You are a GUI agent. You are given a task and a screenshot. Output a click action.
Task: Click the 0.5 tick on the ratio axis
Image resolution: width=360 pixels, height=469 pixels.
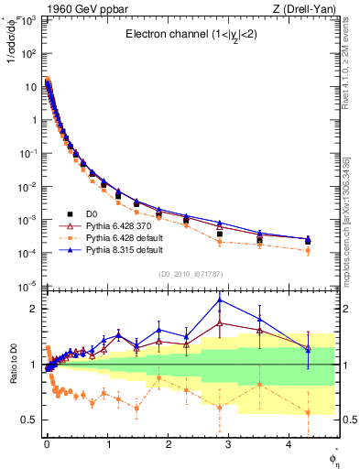(28, 420)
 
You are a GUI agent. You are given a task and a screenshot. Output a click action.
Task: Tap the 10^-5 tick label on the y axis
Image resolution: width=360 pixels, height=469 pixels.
(27, 286)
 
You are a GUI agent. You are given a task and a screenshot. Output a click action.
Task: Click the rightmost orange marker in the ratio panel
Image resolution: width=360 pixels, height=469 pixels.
(308, 412)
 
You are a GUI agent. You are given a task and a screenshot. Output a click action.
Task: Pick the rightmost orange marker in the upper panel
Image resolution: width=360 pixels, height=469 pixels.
(308, 250)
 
